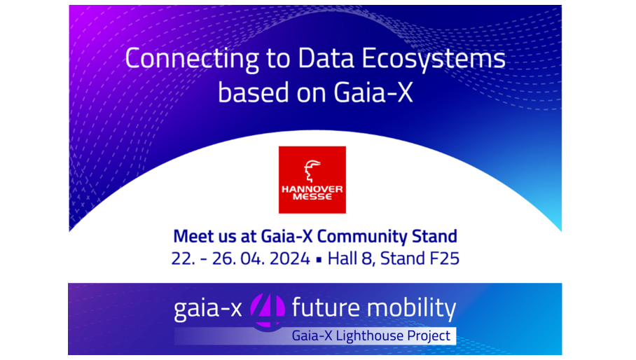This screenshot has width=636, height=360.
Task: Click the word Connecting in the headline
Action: (192, 60)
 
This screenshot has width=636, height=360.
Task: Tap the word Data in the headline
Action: (326, 58)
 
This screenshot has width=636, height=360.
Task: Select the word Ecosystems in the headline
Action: (433, 60)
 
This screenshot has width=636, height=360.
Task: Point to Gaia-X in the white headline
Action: (373, 92)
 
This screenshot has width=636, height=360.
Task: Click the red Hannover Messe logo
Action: (312, 180)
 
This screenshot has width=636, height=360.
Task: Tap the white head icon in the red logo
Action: (312, 171)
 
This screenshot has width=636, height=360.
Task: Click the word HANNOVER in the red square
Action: (312, 189)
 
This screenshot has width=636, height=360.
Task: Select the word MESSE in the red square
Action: (312, 197)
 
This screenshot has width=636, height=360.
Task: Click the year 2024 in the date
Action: (289, 258)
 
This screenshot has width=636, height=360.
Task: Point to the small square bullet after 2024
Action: (319, 259)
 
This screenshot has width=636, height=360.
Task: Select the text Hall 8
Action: (350, 258)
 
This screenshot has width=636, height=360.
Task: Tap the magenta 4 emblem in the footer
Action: (268, 310)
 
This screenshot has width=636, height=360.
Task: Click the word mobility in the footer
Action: (411, 309)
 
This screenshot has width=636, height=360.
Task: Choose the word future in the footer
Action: (326, 308)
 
